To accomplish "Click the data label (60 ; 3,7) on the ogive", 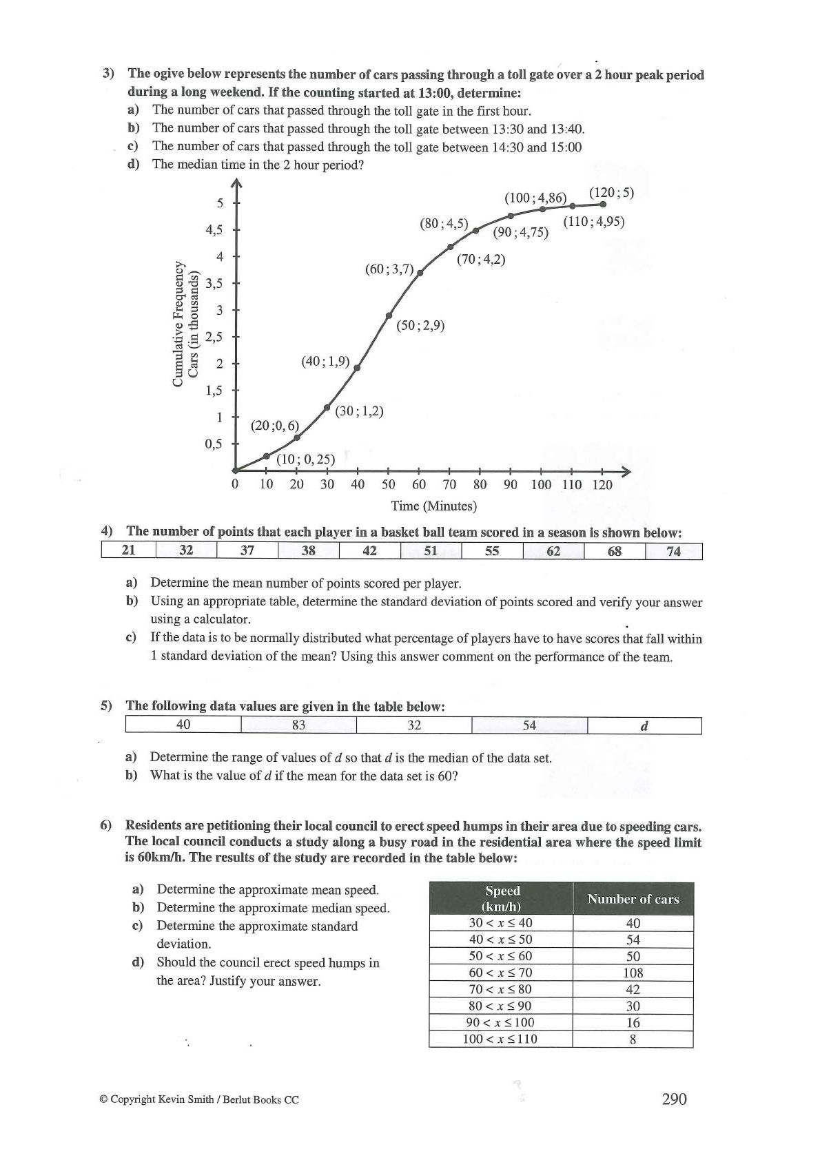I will pos(389,269).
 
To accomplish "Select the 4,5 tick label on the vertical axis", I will pos(214,229).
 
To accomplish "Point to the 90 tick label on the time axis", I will pos(510,484).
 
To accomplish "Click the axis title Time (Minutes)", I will pos(433,506).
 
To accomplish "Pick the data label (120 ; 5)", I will pos(611,193).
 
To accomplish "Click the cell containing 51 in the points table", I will pos(431,550).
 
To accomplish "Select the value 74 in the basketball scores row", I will pos(673,550).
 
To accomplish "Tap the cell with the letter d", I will pos(644,725).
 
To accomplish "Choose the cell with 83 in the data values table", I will pos(298,725).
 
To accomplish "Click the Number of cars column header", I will pos(633,899).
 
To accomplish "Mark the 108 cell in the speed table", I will pos(633,973).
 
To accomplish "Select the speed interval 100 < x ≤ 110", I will pos(500,1039).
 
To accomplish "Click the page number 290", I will pos(674,1099).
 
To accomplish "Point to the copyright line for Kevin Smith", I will pos(199,1100).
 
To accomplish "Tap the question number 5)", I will pos(106,706).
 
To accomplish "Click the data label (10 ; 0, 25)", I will pos(305,459).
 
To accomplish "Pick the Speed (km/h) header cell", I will pos(502,899).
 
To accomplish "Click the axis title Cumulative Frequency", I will pos(179,323).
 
